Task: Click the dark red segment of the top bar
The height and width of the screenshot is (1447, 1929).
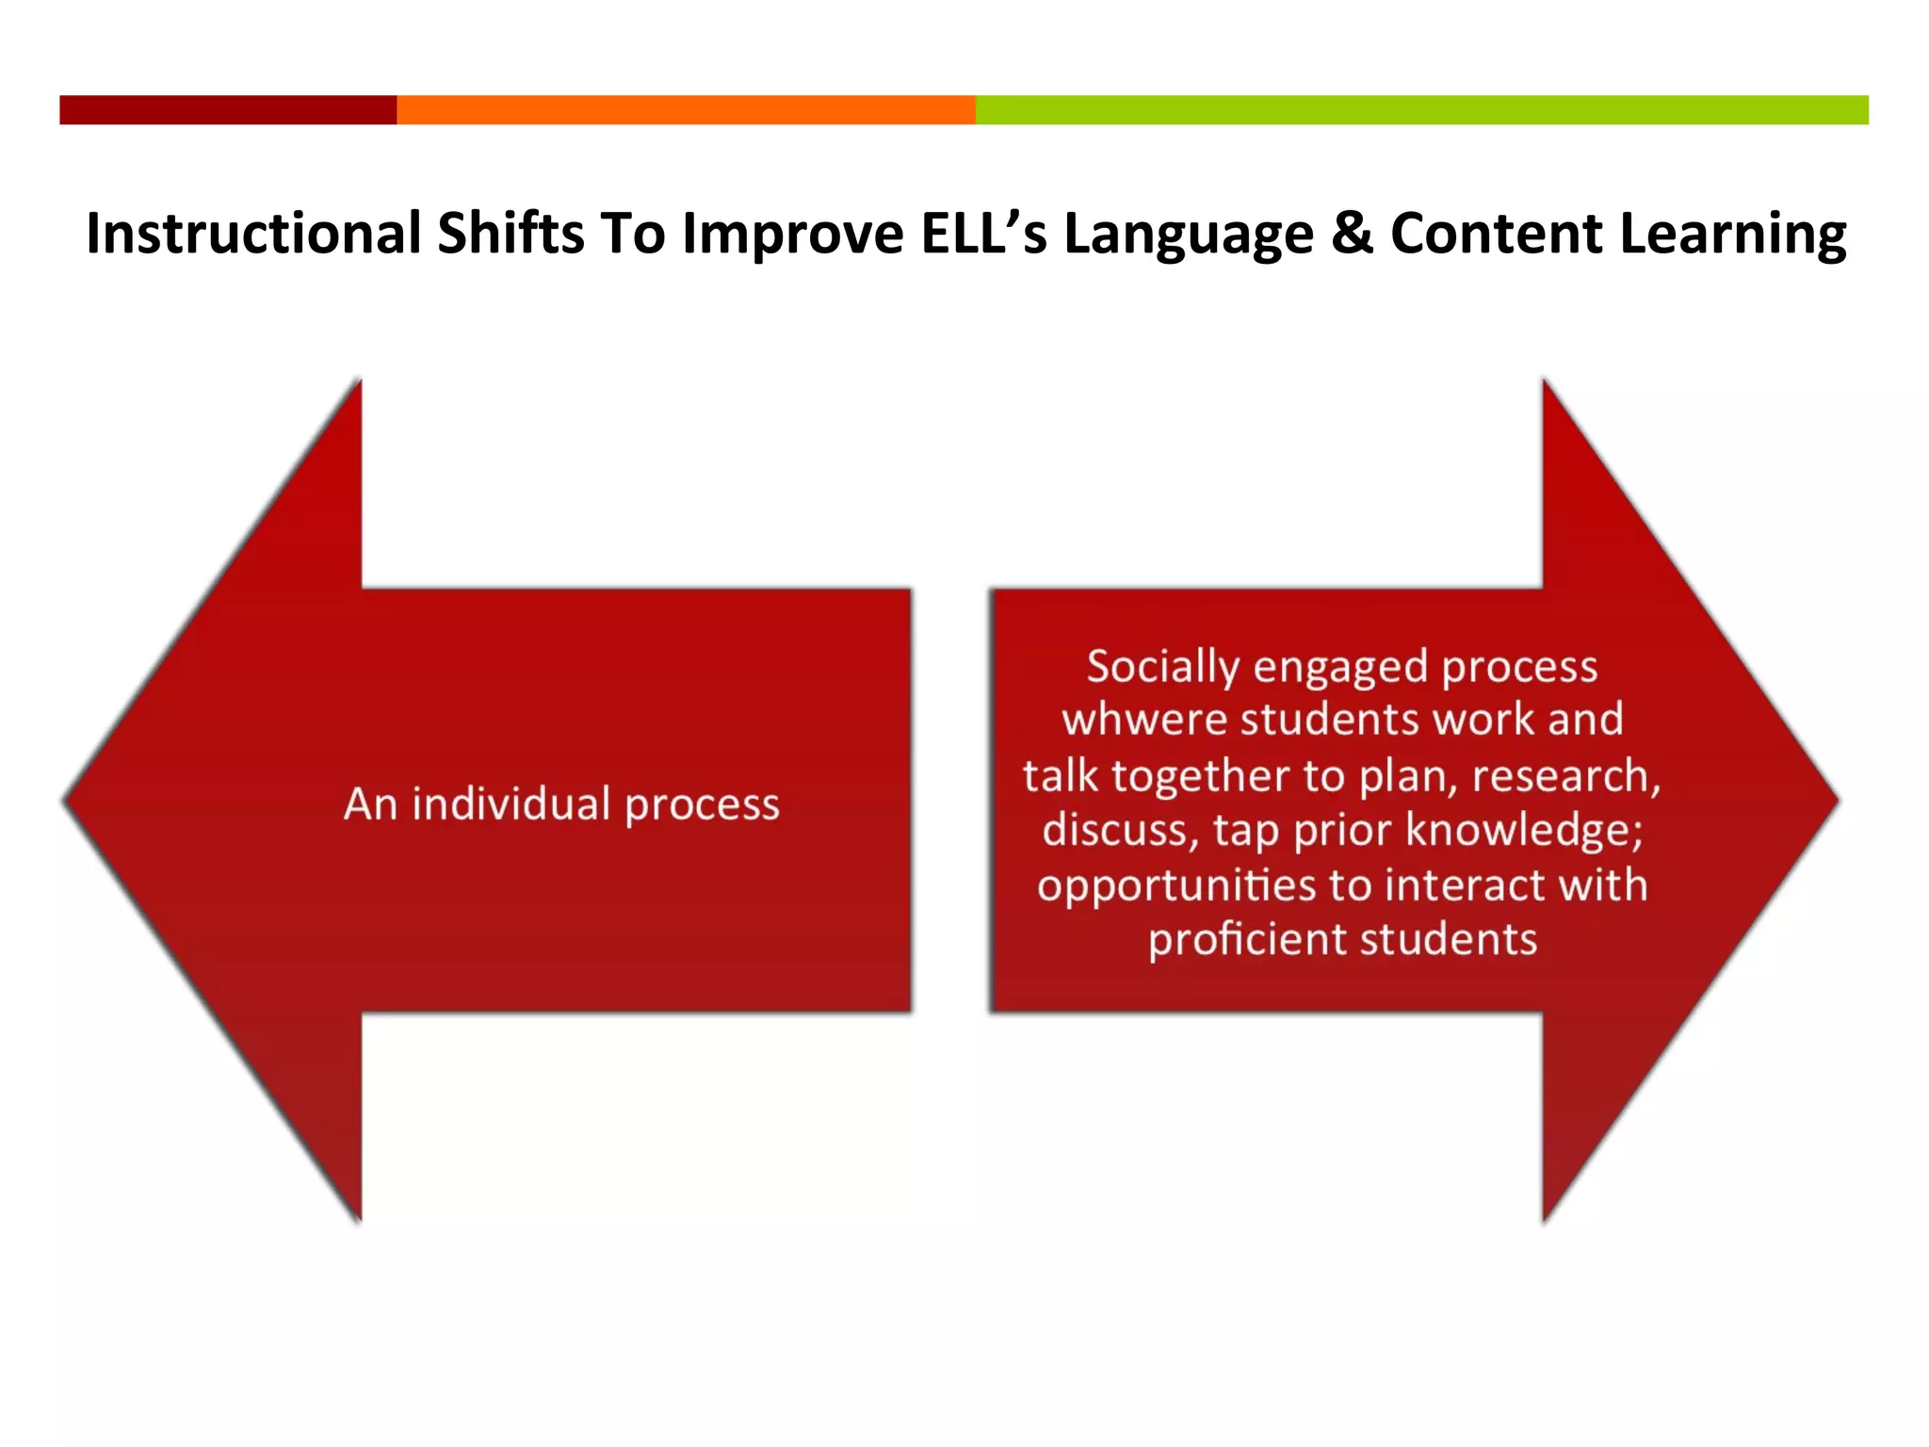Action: point(228,109)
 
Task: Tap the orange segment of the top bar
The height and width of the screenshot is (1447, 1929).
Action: point(686,109)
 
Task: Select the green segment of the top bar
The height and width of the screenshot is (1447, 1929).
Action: point(1421,109)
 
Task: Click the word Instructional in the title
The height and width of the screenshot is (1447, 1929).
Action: point(253,234)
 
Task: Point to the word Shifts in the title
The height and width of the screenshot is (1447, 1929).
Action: point(511,234)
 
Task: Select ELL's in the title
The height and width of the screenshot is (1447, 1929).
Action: point(983,234)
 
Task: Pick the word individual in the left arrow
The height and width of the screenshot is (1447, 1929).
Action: point(511,804)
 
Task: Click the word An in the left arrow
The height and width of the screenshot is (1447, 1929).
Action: point(369,804)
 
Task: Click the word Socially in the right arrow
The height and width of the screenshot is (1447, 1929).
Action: point(1162,667)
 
